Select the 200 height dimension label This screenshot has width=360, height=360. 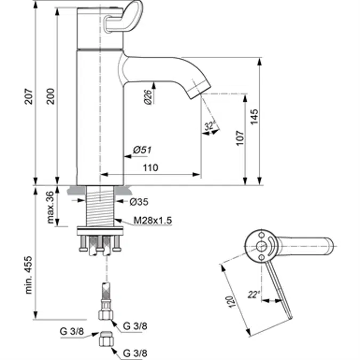point(50,96)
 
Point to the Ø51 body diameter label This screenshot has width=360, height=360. point(140,151)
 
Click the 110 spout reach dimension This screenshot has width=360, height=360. point(150,168)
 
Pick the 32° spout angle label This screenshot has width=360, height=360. point(210,126)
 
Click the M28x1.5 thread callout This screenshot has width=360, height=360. point(152,220)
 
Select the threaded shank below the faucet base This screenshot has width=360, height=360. point(100,205)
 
